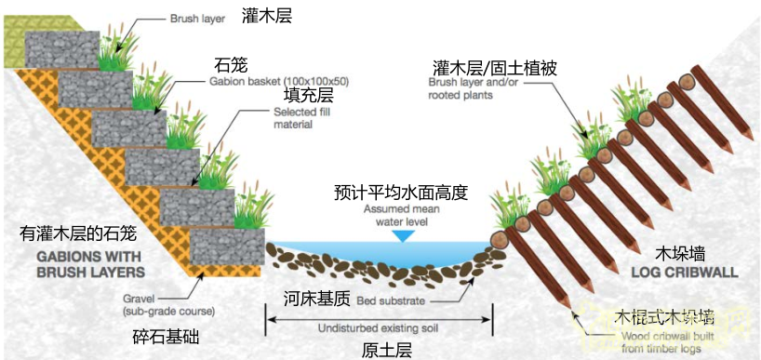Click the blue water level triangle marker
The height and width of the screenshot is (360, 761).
pos(402,236)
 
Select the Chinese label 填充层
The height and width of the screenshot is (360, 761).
pos(308,95)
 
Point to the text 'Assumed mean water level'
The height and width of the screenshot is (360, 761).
pos(401,215)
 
